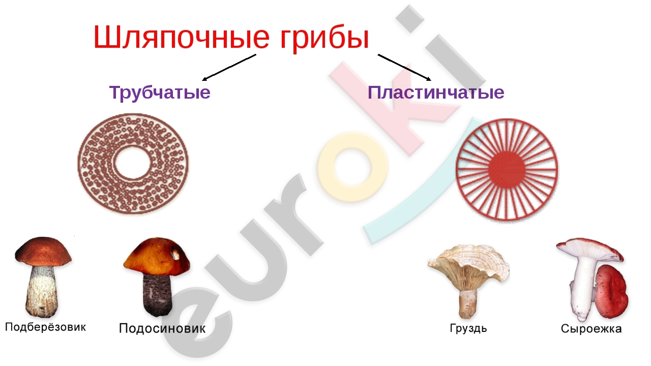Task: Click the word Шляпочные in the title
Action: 182,37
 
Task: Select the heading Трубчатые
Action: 160,93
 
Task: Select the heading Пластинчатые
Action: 436,93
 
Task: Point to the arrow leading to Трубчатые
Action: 229,67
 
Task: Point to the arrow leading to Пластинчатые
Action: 404,67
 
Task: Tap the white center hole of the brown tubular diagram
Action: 133,163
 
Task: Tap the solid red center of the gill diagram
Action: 507,170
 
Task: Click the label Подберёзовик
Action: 45,327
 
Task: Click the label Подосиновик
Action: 162,328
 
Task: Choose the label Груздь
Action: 468,328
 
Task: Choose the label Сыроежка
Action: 591,328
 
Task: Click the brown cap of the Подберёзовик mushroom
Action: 43,252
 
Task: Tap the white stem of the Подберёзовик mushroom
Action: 42,291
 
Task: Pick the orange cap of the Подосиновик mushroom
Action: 157,257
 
